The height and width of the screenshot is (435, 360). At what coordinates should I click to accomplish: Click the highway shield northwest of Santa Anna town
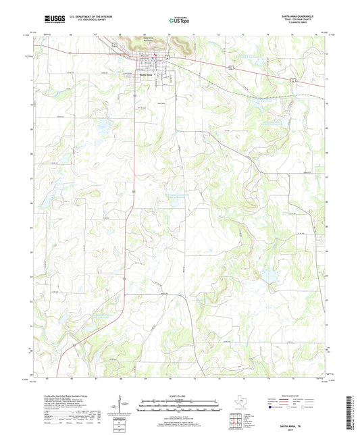click(x=115, y=44)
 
